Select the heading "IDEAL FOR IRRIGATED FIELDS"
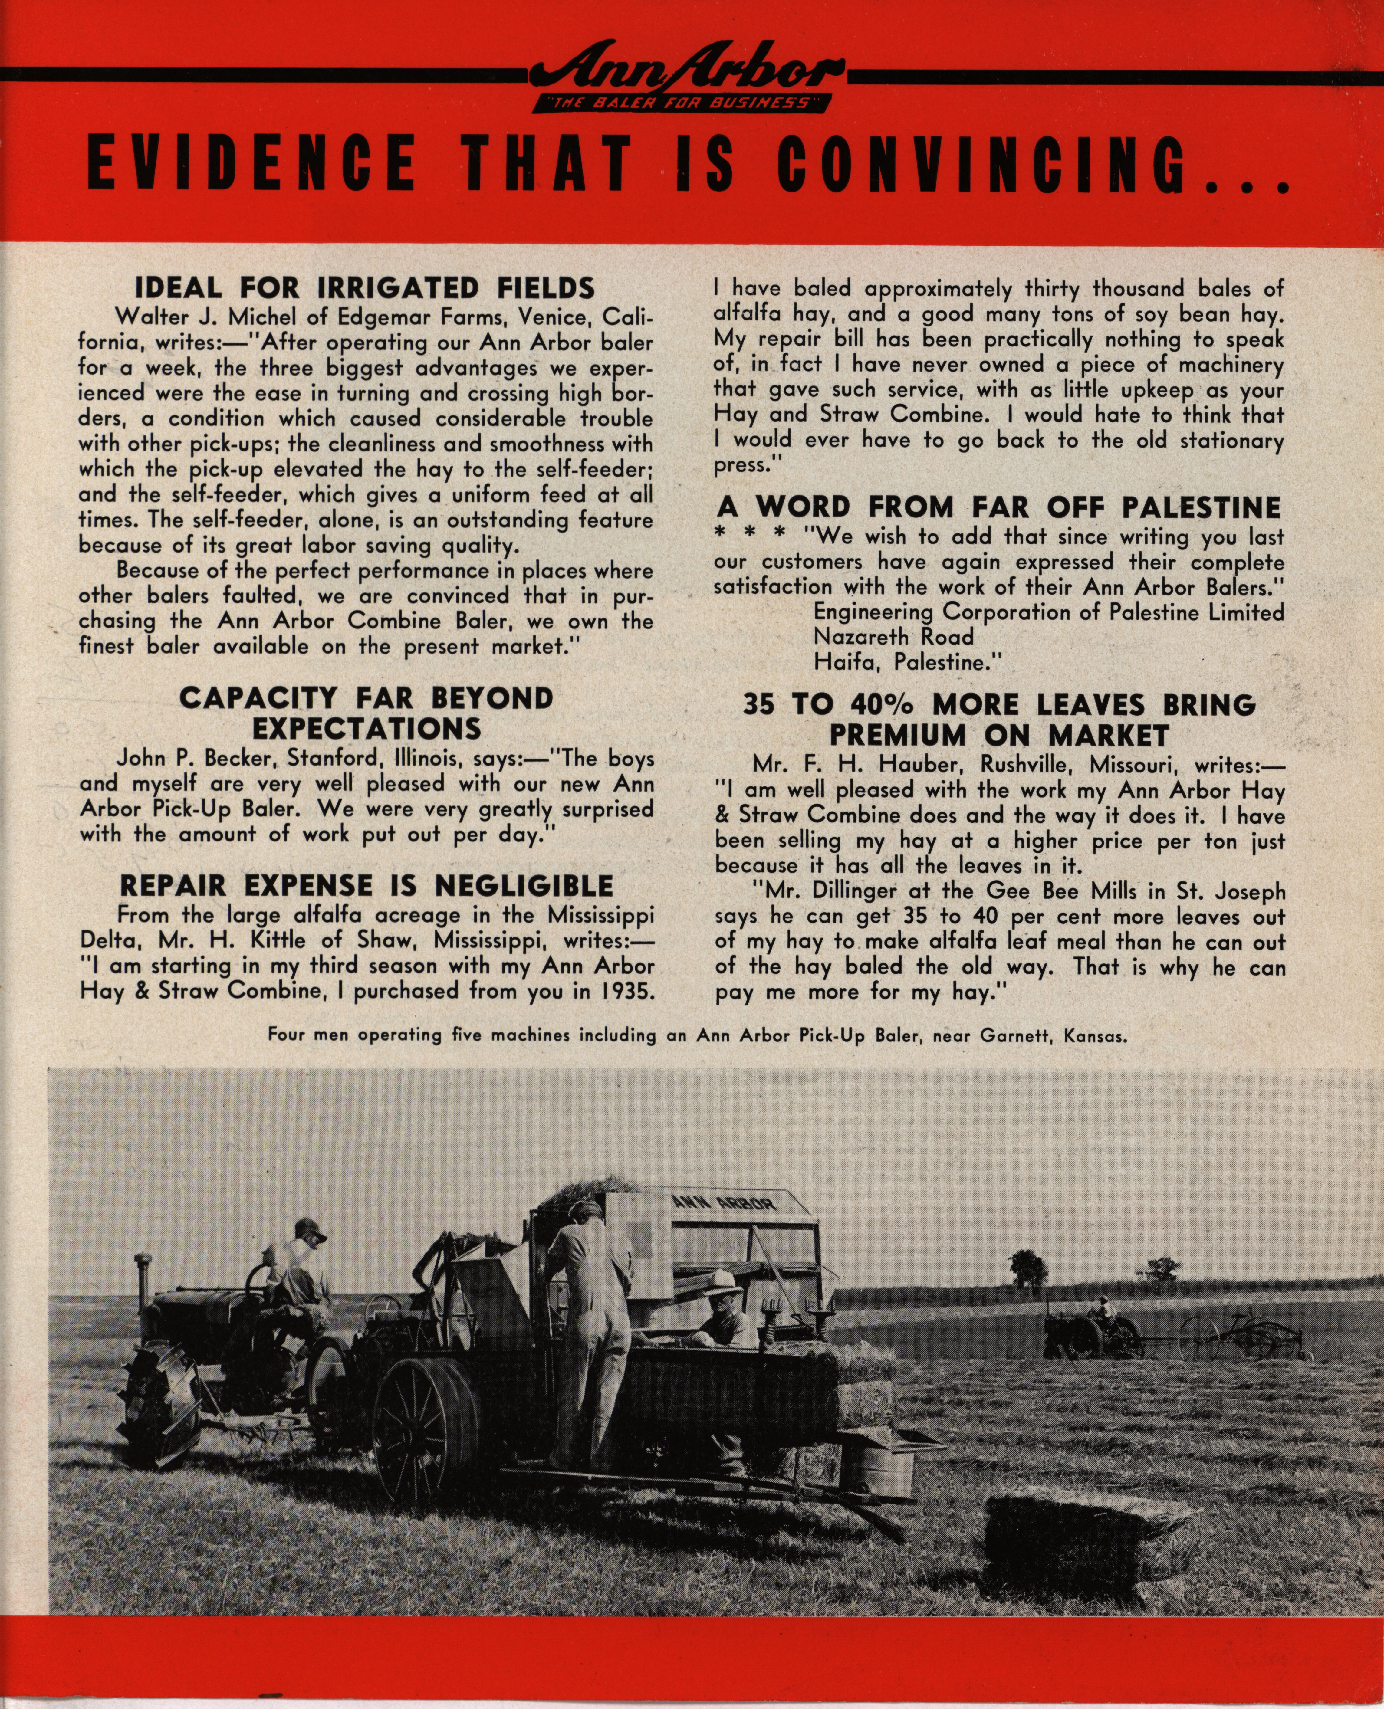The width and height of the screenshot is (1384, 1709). (x=364, y=288)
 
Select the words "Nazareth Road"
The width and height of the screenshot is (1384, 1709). (x=893, y=637)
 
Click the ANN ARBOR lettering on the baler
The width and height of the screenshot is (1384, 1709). (x=724, y=1203)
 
